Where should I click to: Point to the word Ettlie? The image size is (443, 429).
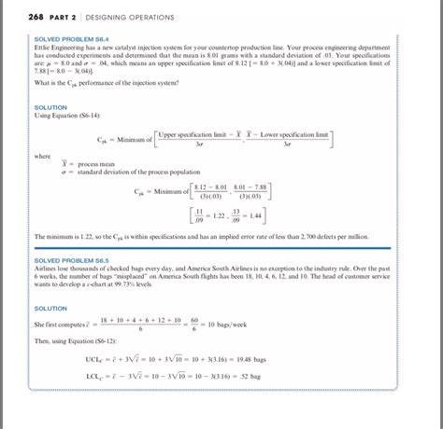(x=43, y=48)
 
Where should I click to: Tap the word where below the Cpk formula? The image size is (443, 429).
(x=43, y=157)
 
